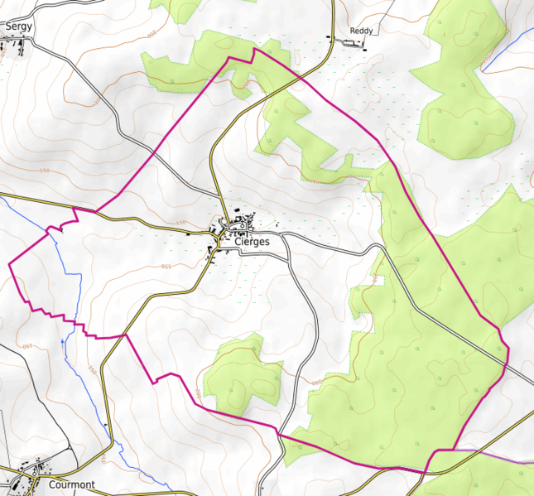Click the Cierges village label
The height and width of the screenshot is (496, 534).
coord(252,242)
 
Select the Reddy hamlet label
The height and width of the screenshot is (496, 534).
coord(361,31)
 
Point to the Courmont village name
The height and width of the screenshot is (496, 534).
coord(72,484)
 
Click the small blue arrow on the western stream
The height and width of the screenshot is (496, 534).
coord(63,339)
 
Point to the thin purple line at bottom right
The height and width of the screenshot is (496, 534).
coord(497,455)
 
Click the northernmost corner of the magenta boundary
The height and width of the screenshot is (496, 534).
coord(253,49)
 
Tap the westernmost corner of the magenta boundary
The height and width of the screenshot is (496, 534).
coord(9,263)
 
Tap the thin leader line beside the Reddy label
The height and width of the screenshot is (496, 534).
coord(348,38)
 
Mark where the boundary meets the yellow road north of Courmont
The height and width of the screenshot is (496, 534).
coord(125,335)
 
